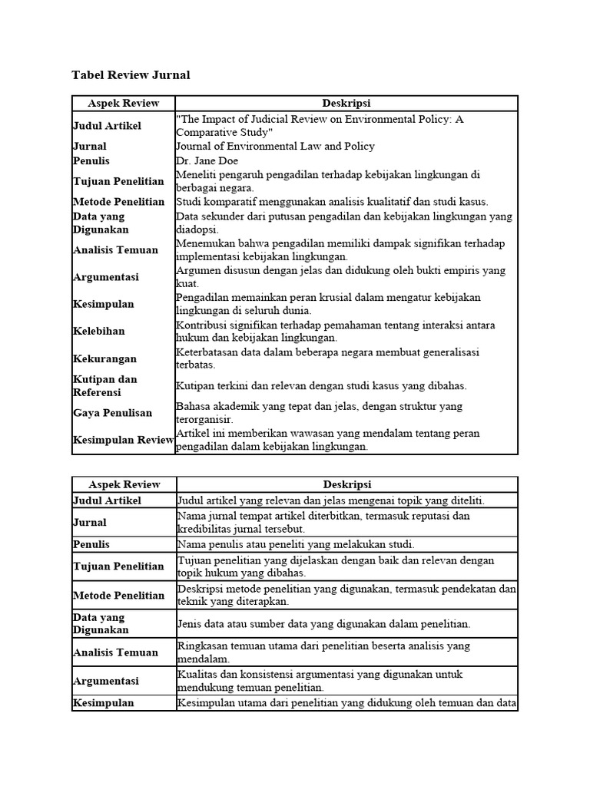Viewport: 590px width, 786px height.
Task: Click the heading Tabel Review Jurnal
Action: (131, 75)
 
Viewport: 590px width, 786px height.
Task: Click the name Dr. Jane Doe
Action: (207, 160)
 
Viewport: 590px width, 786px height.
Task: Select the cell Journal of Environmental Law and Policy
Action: (275, 146)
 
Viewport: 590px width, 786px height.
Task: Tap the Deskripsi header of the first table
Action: (347, 103)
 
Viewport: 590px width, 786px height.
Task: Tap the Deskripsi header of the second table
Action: (347, 484)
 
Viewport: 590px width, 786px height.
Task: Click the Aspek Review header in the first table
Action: (124, 103)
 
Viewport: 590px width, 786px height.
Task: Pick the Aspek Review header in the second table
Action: (124, 484)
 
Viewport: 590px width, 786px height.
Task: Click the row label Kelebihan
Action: (99, 331)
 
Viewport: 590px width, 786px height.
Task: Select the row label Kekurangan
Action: (104, 358)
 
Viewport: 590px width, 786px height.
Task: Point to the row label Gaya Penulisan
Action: (112, 413)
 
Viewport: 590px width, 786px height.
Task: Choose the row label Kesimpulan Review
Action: (124, 440)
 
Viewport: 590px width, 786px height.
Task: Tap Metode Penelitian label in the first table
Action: (118, 202)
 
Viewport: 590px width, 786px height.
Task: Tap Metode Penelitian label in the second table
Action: (118, 595)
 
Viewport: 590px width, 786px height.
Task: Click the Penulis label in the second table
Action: (91, 544)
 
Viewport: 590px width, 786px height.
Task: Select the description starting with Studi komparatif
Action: (332, 202)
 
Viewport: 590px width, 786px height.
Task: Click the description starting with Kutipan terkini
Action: (321, 385)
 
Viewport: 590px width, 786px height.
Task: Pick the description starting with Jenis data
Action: (323, 623)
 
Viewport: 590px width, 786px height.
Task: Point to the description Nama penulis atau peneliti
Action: (296, 544)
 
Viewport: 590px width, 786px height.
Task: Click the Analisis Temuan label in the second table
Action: (115, 652)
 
